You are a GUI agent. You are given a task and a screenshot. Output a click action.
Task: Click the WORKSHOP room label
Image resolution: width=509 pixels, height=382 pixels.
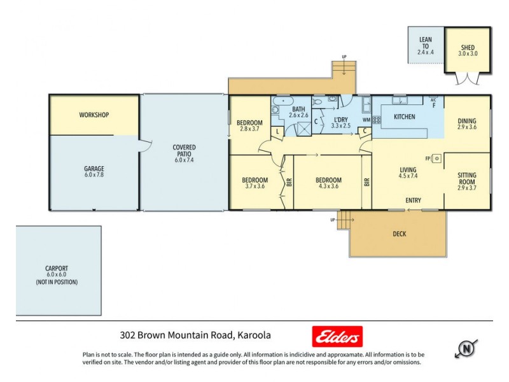[94, 115]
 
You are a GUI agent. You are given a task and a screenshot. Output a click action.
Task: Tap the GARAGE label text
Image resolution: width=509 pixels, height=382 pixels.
[94, 169]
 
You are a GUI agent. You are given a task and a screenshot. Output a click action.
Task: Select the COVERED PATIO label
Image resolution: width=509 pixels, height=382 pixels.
[184, 151]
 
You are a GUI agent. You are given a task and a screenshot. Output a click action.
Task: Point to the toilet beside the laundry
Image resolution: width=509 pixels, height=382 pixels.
[333, 100]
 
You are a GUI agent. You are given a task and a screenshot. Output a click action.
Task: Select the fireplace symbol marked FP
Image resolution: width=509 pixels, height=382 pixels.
[435, 159]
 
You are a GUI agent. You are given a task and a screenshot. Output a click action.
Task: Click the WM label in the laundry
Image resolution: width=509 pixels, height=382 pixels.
[366, 119]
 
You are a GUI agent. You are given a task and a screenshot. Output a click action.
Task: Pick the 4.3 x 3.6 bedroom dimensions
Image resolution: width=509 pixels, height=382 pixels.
[328, 187]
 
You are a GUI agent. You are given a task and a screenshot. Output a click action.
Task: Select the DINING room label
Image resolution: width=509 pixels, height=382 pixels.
[466, 121]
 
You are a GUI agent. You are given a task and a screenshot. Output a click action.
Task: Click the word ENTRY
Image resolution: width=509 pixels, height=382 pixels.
[413, 201]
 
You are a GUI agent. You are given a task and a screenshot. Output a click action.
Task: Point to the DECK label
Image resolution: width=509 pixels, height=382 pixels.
[399, 234]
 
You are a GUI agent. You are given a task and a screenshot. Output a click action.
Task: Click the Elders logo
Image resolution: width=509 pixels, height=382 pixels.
[337, 336]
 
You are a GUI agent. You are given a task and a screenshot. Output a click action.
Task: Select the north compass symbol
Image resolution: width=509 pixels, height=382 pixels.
[467, 348]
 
